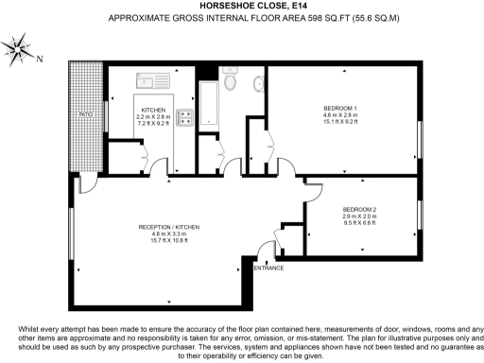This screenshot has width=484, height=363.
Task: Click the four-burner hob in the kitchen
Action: tap(184, 117)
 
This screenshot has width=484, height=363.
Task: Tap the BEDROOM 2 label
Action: tap(360, 209)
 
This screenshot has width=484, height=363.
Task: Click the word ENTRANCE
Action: tap(269, 268)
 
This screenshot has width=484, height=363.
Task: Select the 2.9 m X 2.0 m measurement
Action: tap(360, 216)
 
